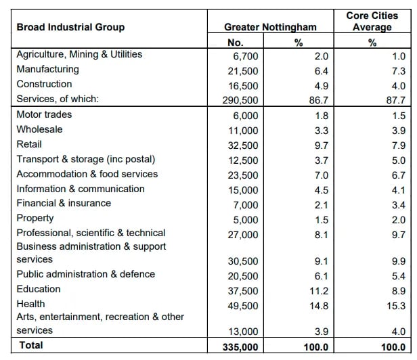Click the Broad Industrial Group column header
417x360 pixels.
(70, 27)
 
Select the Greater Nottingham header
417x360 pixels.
(270, 27)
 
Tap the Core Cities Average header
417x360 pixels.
(372, 21)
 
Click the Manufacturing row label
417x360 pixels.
(47, 69)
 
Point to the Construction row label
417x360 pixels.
(44, 84)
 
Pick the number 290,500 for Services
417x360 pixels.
(242, 99)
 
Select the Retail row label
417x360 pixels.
(29, 144)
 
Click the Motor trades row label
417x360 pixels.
(44, 114)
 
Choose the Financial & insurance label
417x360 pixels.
(64, 203)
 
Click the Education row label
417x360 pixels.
(39, 289)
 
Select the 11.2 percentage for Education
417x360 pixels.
(319, 290)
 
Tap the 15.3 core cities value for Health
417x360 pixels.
(398, 306)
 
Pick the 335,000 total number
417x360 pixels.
(241, 346)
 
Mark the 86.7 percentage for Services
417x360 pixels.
(319, 99)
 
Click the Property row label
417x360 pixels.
(35, 218)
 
